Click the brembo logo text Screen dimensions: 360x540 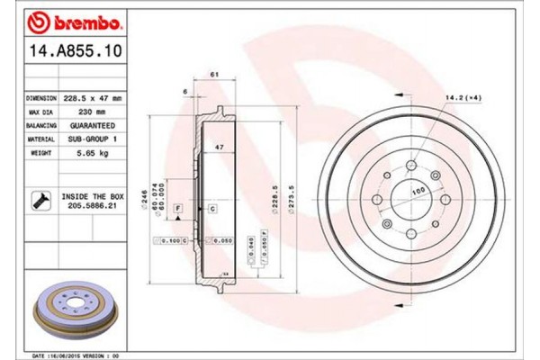click(69, 19)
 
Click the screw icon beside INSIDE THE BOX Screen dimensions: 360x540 click(40, 199)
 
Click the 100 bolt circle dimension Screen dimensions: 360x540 click(417, 192)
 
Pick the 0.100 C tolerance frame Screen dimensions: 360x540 click(173, 241)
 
